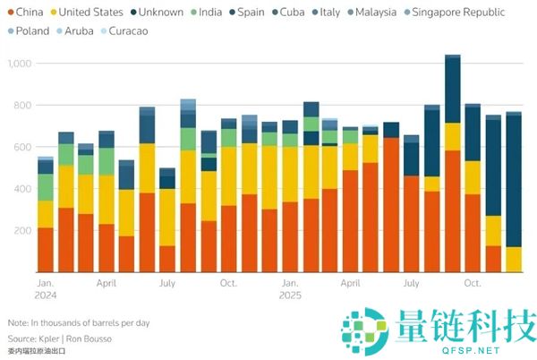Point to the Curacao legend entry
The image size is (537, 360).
click(x=126, y=30)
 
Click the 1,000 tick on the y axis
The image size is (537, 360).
click(x=19, y=64)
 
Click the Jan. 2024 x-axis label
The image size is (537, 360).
click(x=46, y=289)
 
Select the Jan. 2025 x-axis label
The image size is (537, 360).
click(x=290, y=289)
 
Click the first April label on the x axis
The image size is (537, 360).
click(x=107, y=282)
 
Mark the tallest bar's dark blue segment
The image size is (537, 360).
click(x=453, y=90)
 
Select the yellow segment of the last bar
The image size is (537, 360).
click(x=514, y=259)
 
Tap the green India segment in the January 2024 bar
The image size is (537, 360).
click(x=46, y=186)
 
